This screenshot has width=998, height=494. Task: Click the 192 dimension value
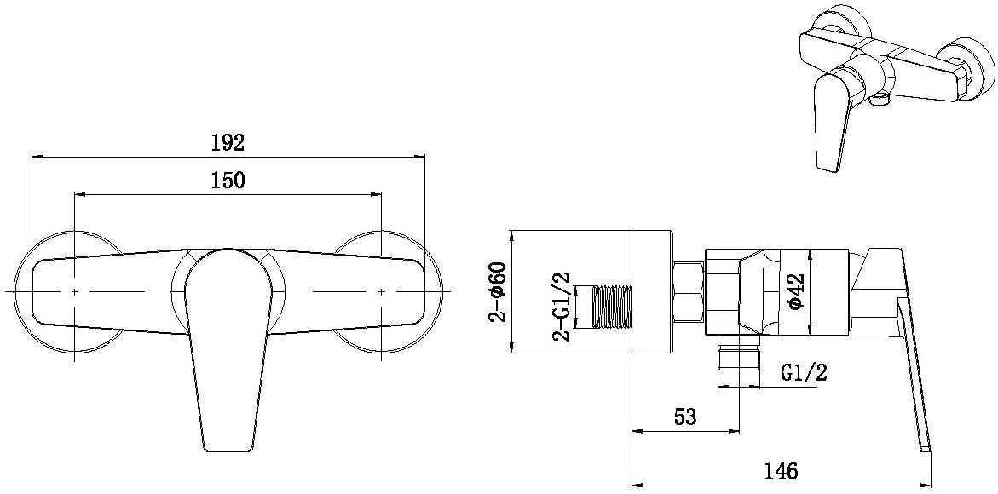[x=228, y=142]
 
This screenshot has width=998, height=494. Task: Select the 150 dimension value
[x=228, y=180]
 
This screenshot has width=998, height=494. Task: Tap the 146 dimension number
[x=780, y=470]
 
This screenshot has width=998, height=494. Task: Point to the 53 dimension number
[x=684, y=417]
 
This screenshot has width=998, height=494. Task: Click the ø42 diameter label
[x=793, y=290]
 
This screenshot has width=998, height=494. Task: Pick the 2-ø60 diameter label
[x=499, y=291]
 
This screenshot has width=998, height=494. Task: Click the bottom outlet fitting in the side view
[x=737, y=353]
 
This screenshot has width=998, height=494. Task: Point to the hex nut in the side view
[x=688, y=291]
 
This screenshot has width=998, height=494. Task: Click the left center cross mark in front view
[x=75, y=291]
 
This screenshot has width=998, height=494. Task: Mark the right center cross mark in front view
[x=381, y=291]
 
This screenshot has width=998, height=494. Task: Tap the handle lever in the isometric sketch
[x=829, y=123]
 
